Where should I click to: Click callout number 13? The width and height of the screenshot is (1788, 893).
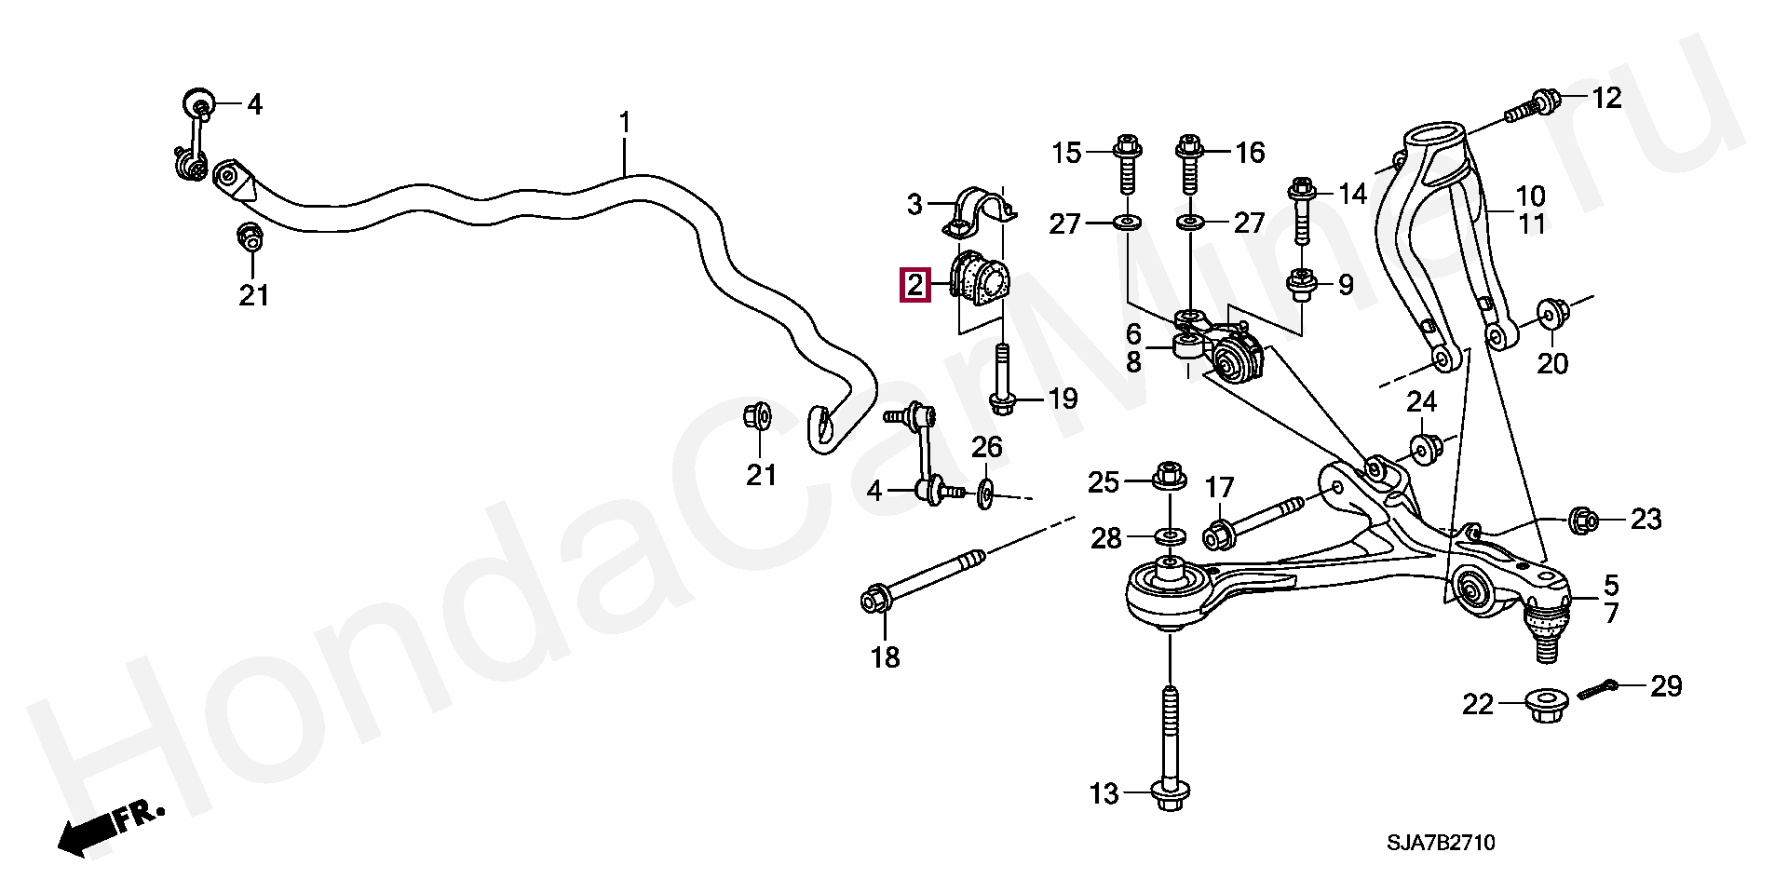tap(1104, 794)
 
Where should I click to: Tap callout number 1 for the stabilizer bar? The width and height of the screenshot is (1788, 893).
tap(625, 123)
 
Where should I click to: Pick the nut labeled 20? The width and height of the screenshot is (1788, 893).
tap(1550, 315)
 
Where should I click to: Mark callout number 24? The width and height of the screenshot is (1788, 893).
tap(1421, 401)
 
